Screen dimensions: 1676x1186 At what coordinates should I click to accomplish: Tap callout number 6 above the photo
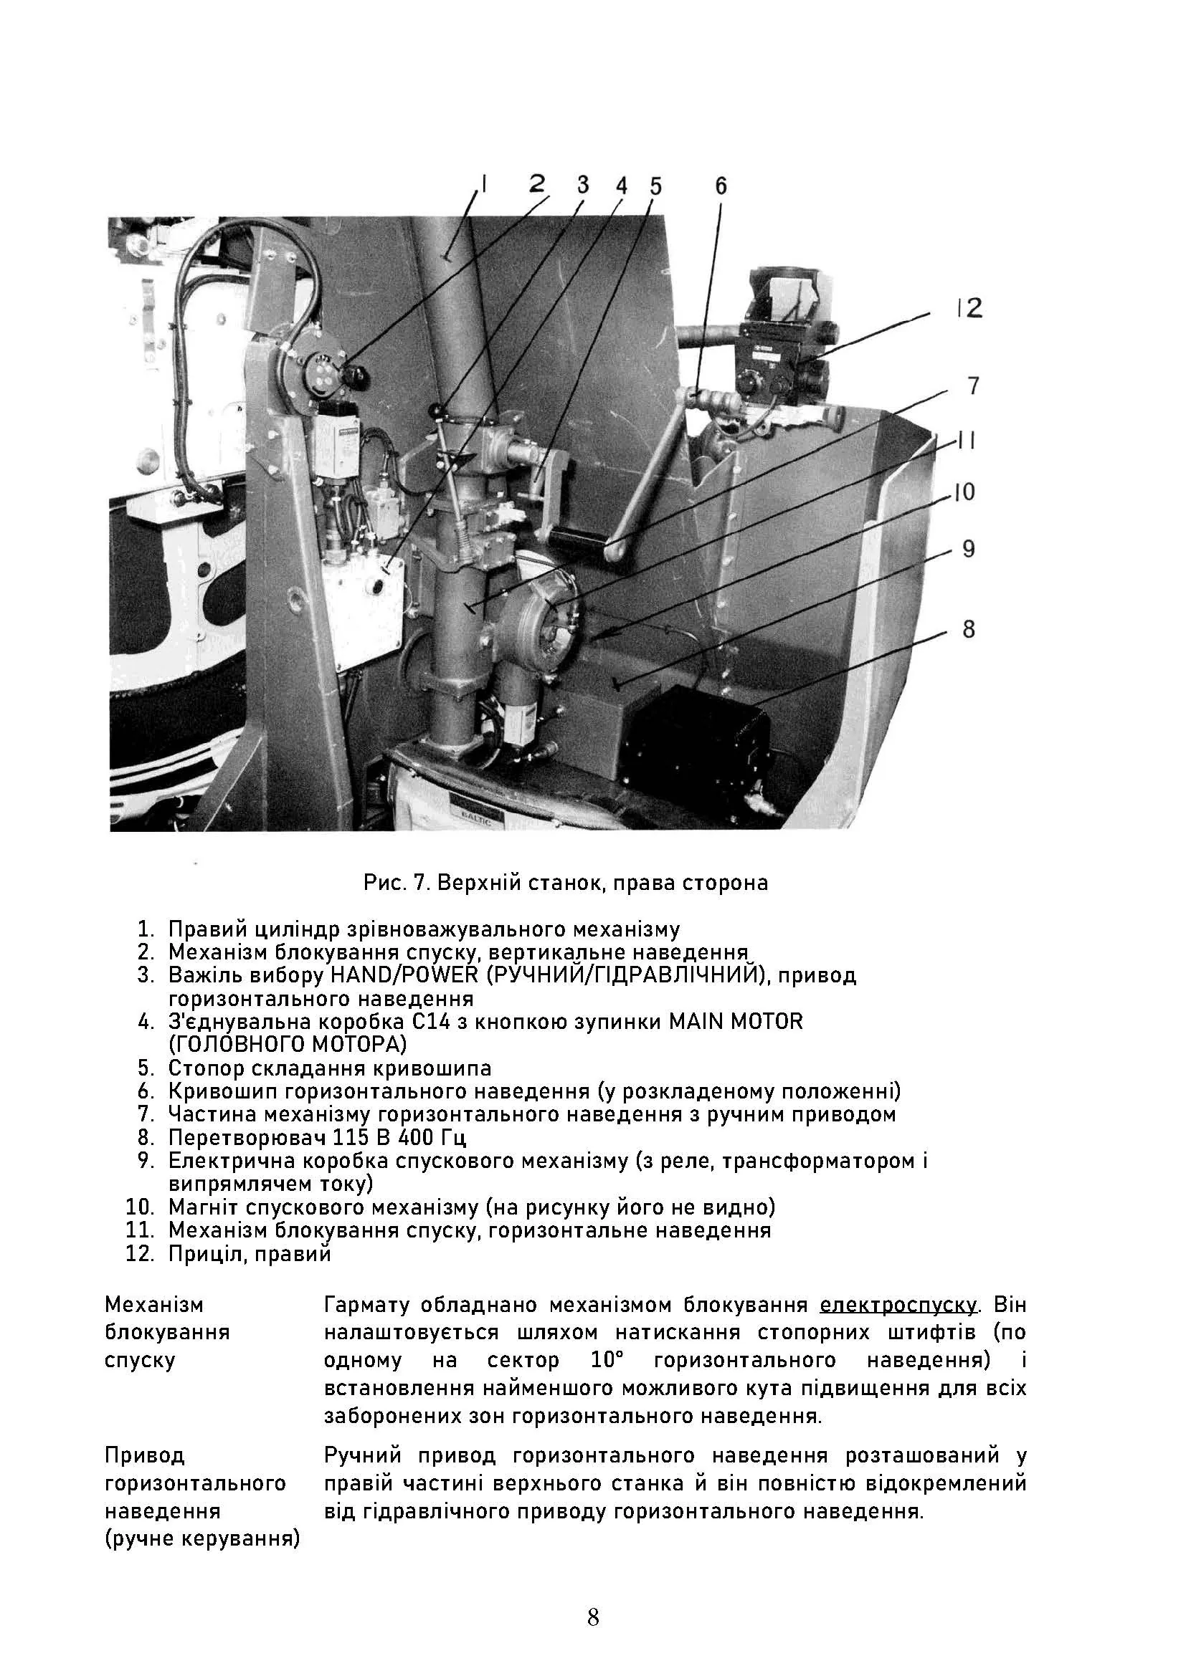click(x=720, y=186)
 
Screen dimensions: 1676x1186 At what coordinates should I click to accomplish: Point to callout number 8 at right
click(x=968, y=629)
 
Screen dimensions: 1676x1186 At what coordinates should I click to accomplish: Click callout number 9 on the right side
click(x=968, y=549)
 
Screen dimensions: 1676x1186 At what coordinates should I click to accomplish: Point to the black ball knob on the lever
click(x=437, y=411)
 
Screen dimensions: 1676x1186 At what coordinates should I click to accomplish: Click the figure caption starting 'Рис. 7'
click(x=566, y=884)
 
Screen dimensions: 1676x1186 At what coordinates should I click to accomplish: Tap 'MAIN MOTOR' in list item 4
click(x=736, y=1021)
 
